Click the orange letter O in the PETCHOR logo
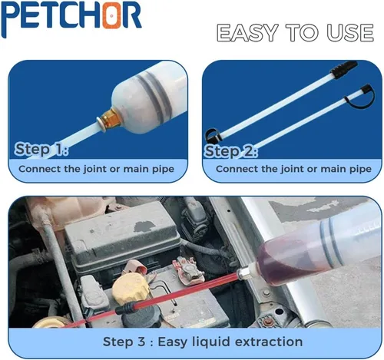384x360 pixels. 111,16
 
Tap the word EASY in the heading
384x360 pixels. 247,33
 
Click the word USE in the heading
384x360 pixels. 350,33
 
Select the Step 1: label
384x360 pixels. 41,149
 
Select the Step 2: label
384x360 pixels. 231,151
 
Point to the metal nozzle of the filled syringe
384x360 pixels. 245,274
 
